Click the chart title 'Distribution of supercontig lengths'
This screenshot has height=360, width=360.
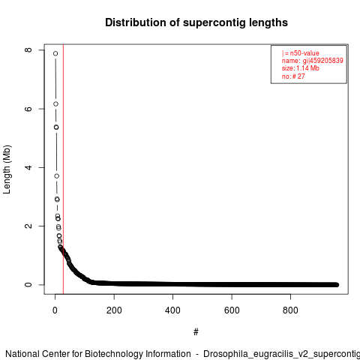[x=196, y=22]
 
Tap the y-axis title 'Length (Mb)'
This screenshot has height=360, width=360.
[x=7, y=169]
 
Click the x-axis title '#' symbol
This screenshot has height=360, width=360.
[x=196, y=332]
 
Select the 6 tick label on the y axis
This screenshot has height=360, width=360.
[x=28, y=109]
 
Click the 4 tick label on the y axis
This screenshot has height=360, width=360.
[x=28, y=167]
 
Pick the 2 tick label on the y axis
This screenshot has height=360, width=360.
[x=28, y=226]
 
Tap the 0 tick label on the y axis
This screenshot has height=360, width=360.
[x=28, y=285]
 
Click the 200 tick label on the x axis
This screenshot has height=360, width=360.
[x=114, y=310]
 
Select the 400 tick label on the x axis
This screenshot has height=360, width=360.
[x=172, y=310]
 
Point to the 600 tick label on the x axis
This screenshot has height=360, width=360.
[x=232, y=310]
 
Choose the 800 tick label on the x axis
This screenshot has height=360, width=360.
[x=290, y=310]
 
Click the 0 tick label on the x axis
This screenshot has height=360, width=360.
[x=55, y=310]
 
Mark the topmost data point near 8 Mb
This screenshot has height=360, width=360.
[x=55, y=53]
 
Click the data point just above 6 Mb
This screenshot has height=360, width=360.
[x=55, y=104]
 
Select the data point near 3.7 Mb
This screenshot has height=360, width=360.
[x=57, y=176]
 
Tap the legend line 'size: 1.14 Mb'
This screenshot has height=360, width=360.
[x=301, y=68]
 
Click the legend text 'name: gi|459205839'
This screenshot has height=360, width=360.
[x=313, y=61]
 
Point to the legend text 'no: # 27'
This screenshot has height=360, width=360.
[x=293, y=76]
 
